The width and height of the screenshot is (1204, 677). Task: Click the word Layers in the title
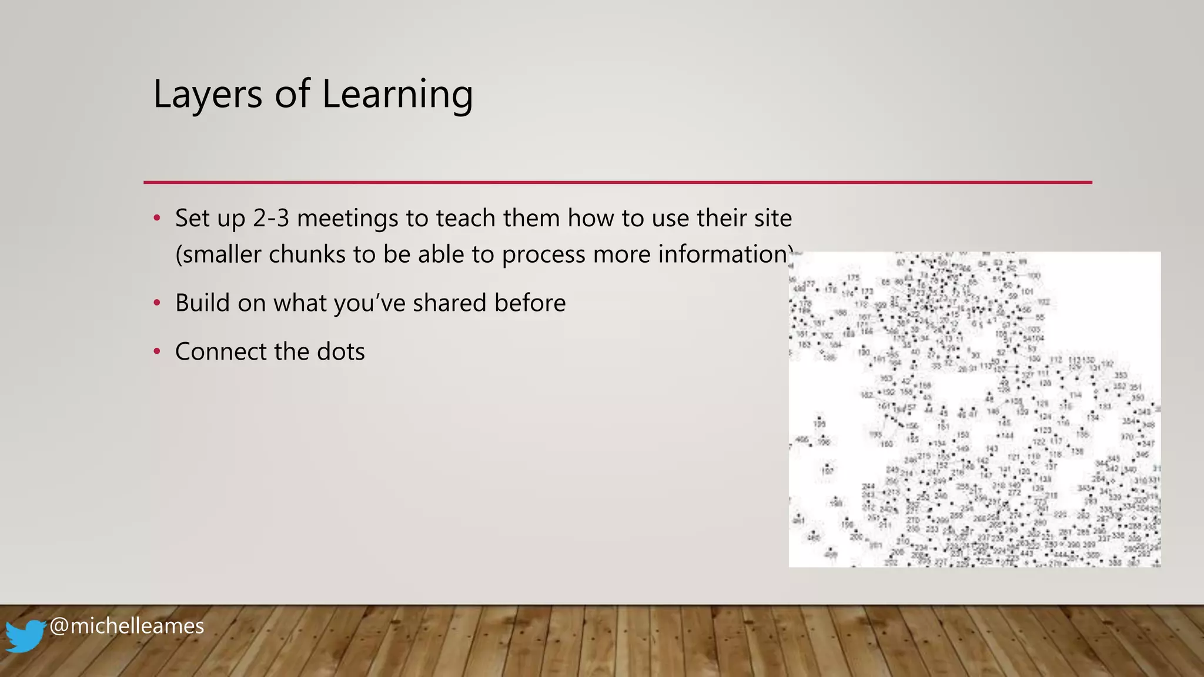(x=208, y=95)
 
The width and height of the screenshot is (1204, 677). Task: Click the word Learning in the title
(x=397, y=95)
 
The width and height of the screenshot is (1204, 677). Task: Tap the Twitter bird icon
(x=25, y=635)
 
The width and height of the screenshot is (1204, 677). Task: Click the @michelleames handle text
(x=126, y=626)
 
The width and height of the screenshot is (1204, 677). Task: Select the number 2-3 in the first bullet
(x=271, y=219)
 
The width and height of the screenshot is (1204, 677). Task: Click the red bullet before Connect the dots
(x=157, y=352)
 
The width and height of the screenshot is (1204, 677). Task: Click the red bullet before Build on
(x=157, y=304)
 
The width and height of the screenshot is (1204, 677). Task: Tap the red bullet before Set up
(x=157, y=219)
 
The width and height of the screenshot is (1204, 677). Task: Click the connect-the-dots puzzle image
(x=974, y=410)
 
